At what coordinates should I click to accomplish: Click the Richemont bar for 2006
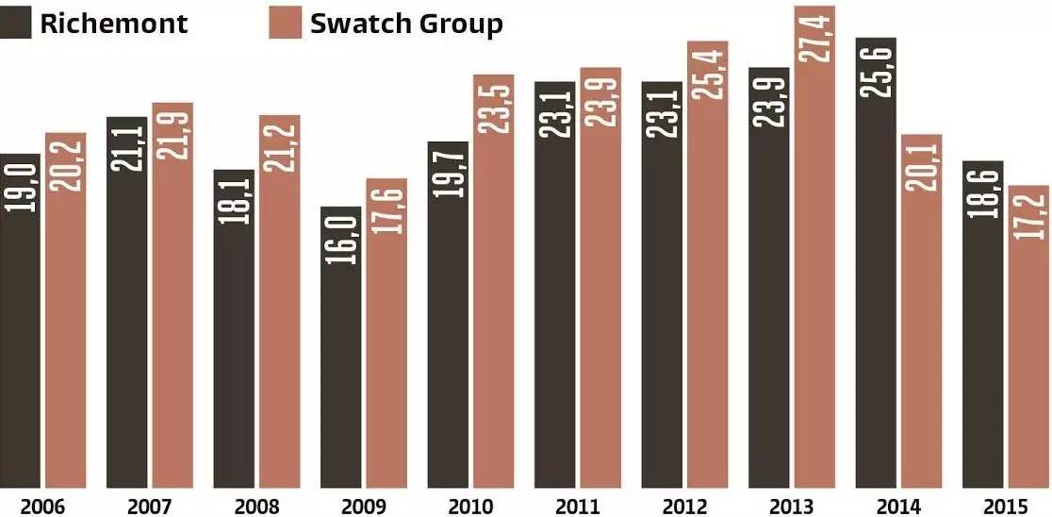pos(20,321)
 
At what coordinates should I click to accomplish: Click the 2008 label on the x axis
pos(255,507)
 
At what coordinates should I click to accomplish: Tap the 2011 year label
pos(576,507)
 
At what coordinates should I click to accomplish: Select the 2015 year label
pos(1004,507)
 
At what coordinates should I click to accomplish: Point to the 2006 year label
pos(43,507)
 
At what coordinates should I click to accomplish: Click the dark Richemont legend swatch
pos(16,23)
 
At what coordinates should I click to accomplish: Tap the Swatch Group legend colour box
pos(285,23)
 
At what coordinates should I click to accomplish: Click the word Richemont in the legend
pos(114,24)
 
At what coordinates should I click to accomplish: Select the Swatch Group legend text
pos(406,24)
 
